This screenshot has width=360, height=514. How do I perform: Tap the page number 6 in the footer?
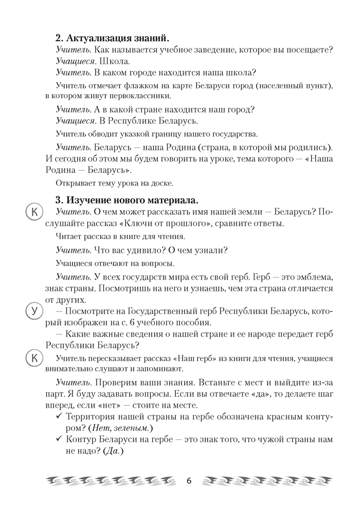189,481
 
